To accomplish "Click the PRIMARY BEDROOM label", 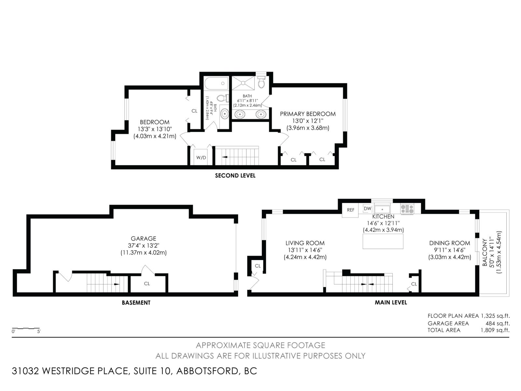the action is click(x=308, y=114).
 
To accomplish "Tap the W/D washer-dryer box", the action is click(x=201, y=157).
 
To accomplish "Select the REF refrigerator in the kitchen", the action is click(x=350, y=210).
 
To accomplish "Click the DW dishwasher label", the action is click(x=367, y=209).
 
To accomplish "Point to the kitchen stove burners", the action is click(x=407, y=209).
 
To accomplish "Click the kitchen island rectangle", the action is click(x=383, y=241).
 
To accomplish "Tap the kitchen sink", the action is click(x=382, y=210).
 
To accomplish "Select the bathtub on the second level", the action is click(x=216, y=83).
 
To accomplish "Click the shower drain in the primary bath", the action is click(x=243, y=83).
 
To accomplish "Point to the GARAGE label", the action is click(x=143, y=239).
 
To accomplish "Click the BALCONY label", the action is click(x=485, y=252).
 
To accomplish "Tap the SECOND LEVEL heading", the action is click(x=235, y=175).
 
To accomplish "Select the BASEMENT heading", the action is click(x=136, y=303).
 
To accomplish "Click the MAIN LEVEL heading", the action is click(x=391, y=302).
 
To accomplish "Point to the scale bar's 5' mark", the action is click(x=39, y=331).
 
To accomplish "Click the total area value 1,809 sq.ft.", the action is click(x=495, y=330).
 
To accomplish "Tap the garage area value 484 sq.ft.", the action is click(x=498, y=323).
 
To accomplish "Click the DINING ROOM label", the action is click(x=450, y=243).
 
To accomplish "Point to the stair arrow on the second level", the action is click(x=225, y=157).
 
